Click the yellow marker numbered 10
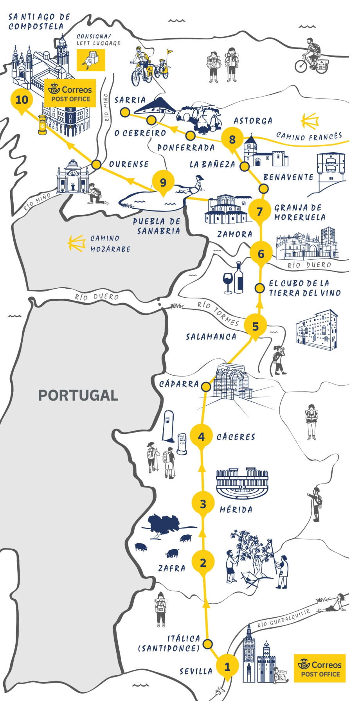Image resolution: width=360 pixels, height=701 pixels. (22, 99)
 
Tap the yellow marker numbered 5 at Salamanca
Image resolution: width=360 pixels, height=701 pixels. (255, 326)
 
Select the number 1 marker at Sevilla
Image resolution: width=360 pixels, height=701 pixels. (227, 666)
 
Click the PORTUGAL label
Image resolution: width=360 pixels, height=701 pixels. (78, 395)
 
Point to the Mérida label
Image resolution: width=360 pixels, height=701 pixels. (236, 509)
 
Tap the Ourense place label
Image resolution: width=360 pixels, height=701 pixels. (129, 164)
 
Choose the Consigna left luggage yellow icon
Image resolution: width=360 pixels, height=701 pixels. (91, 60)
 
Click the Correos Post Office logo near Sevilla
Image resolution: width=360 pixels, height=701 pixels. (320, 668)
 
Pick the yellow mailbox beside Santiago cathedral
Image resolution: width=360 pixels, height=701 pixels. (42, 124)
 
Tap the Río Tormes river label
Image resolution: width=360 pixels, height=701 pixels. (218, 313)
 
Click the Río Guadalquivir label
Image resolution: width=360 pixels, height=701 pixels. (283, 618)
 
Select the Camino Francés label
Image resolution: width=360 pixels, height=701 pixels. (309, 136)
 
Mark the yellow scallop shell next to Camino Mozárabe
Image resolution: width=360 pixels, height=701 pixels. (77, 243)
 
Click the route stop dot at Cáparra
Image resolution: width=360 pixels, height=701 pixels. (206, 387)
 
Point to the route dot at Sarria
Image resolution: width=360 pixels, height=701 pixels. (125, 113)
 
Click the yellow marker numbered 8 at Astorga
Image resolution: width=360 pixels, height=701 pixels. (232, 139)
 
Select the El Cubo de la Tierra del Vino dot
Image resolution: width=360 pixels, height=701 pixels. (259, 288)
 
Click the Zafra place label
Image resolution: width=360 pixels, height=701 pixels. (171, 568)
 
